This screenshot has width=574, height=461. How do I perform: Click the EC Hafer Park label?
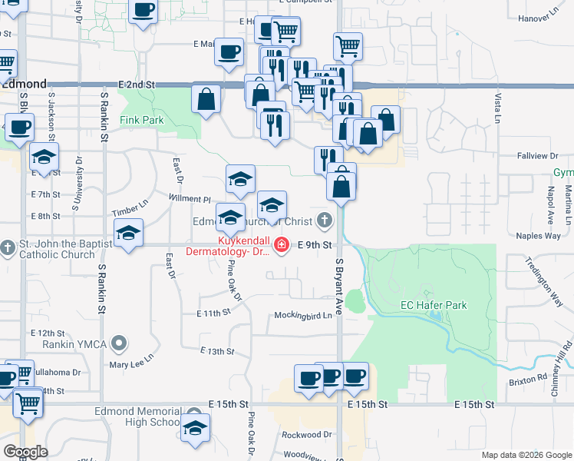tap(434, 305)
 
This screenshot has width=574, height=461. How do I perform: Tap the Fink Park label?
tap(142, 121)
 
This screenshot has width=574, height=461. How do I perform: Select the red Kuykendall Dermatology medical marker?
tap(282, 245)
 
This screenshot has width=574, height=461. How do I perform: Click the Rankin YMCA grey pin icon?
tap(118, 342)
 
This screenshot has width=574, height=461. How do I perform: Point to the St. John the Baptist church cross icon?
tap(8, 247)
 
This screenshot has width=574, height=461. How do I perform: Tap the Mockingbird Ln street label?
tap(303, 316)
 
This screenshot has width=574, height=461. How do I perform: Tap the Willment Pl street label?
tap(189, 199)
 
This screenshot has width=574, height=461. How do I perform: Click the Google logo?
tap(25, 452)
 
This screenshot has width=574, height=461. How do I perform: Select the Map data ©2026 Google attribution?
tap(526, 455)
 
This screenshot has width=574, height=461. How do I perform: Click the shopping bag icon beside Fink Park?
tap(206, 98)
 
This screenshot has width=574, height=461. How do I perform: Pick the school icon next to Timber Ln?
tap(128, 232)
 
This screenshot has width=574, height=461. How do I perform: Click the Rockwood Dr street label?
tap(305, 434)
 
